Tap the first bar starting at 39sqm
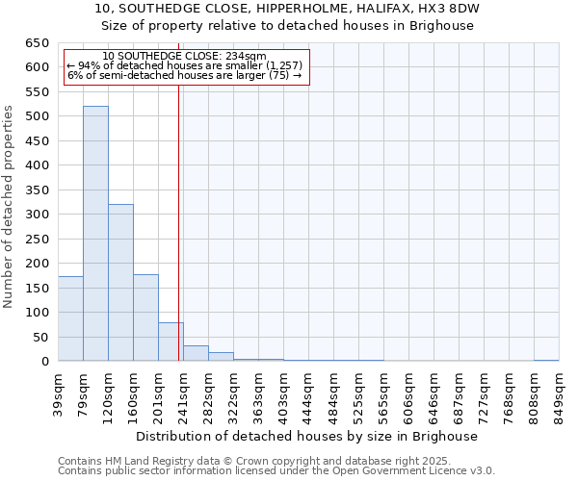(70, 318)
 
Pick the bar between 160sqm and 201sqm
(145, 317)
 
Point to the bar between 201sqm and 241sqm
(171, 342)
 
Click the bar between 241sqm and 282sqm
(196, 353)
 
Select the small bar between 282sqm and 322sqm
(221, 357)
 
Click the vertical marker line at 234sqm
(179, 221)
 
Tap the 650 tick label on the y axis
(37, 43)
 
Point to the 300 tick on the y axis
(37, 215)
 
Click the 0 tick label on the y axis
(44, 362)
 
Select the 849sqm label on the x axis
(559, 394)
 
